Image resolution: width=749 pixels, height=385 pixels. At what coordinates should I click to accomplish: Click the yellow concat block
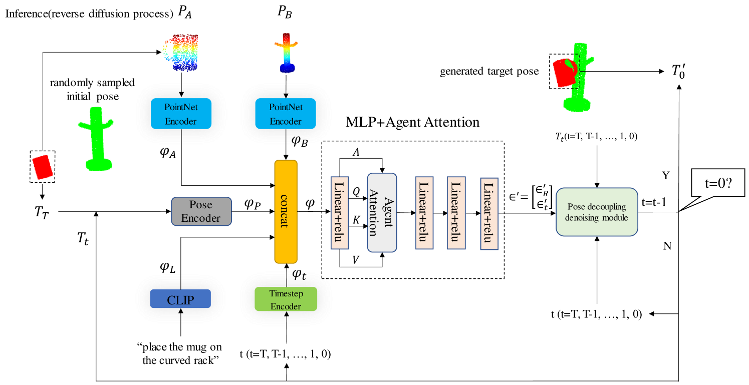pyautogui.click(x=286, y=211)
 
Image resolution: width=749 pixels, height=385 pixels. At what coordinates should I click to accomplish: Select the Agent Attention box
pyautogui.click(x=382, y=212)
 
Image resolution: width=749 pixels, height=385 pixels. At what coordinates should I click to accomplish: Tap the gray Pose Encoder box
pyautogui.click(x=201, y=211)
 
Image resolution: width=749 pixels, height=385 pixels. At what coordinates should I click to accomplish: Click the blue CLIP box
pyautogui.click(x=180, y=299)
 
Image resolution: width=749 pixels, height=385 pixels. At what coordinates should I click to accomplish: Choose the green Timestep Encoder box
pyautogui.click(x=286, y=299)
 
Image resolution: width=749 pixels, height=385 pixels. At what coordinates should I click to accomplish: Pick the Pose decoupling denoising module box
pyautogui.click(x=597, y=212)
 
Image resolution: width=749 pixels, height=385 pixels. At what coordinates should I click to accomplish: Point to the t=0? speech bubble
pyautogui.click(x=717, y=184)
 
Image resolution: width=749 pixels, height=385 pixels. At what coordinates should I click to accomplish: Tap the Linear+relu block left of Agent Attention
pyautogui.click(x=340, y=212)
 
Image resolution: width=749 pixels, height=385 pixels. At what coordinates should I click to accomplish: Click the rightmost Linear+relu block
pyautogui.click(x=489, y=213)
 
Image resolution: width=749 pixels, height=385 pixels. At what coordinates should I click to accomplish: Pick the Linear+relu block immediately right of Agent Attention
pyautogui.click(x=424, y=213)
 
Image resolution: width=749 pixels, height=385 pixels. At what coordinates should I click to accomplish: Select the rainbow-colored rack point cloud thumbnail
pyautogui.click(x=286, y=53)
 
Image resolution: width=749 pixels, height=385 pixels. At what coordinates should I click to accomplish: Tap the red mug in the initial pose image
pyautogui.click(x=43, y=167)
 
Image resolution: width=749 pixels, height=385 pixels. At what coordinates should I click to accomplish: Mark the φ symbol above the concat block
pyautogui.click(x=299, y=140)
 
